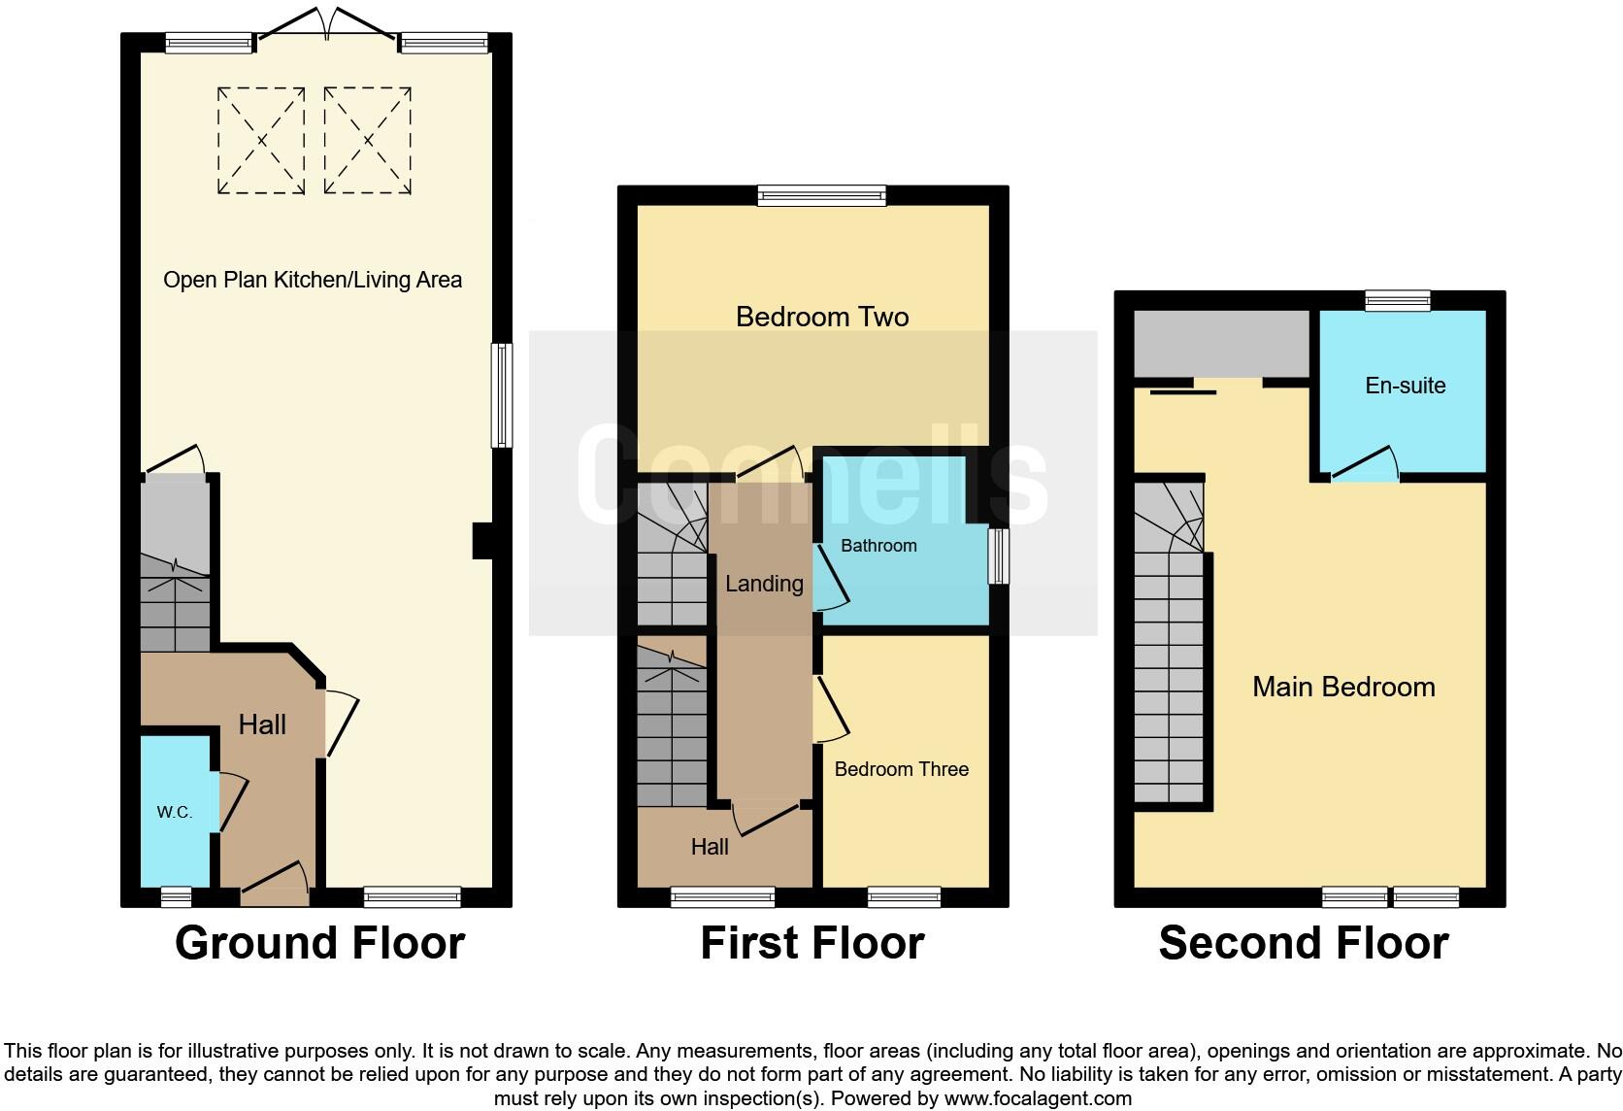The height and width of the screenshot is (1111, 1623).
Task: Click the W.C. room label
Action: [175, 812]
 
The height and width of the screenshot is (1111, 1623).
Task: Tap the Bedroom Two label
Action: [822, 317]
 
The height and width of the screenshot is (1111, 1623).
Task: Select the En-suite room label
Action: [1405, 386]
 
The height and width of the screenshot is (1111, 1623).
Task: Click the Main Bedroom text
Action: [1343, 687]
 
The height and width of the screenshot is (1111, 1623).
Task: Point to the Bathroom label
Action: [878, 546]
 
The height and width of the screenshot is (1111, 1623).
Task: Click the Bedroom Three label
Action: [901, 769]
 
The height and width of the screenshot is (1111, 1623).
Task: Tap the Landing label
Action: [764, 584]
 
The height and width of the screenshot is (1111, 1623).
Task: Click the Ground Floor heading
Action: [319, 943]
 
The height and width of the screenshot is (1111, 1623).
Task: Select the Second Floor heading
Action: [1303, 943]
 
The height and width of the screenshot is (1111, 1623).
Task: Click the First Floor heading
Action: [811, 943]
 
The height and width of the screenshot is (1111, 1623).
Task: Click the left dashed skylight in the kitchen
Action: [261, 141]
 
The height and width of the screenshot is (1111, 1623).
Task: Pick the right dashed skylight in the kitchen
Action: [368, 141]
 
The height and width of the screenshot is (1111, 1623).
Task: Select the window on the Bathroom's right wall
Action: [998, 555]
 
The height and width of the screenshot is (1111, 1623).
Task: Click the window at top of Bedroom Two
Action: [821, 196]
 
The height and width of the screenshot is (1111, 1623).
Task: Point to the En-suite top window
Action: [1397, 301]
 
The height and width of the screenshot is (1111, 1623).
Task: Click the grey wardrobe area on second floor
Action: [1219, 344]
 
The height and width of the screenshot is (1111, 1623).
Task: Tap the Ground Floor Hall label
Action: [262, 724]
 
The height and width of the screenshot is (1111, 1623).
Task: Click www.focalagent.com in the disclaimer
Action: [1037, 1099]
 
